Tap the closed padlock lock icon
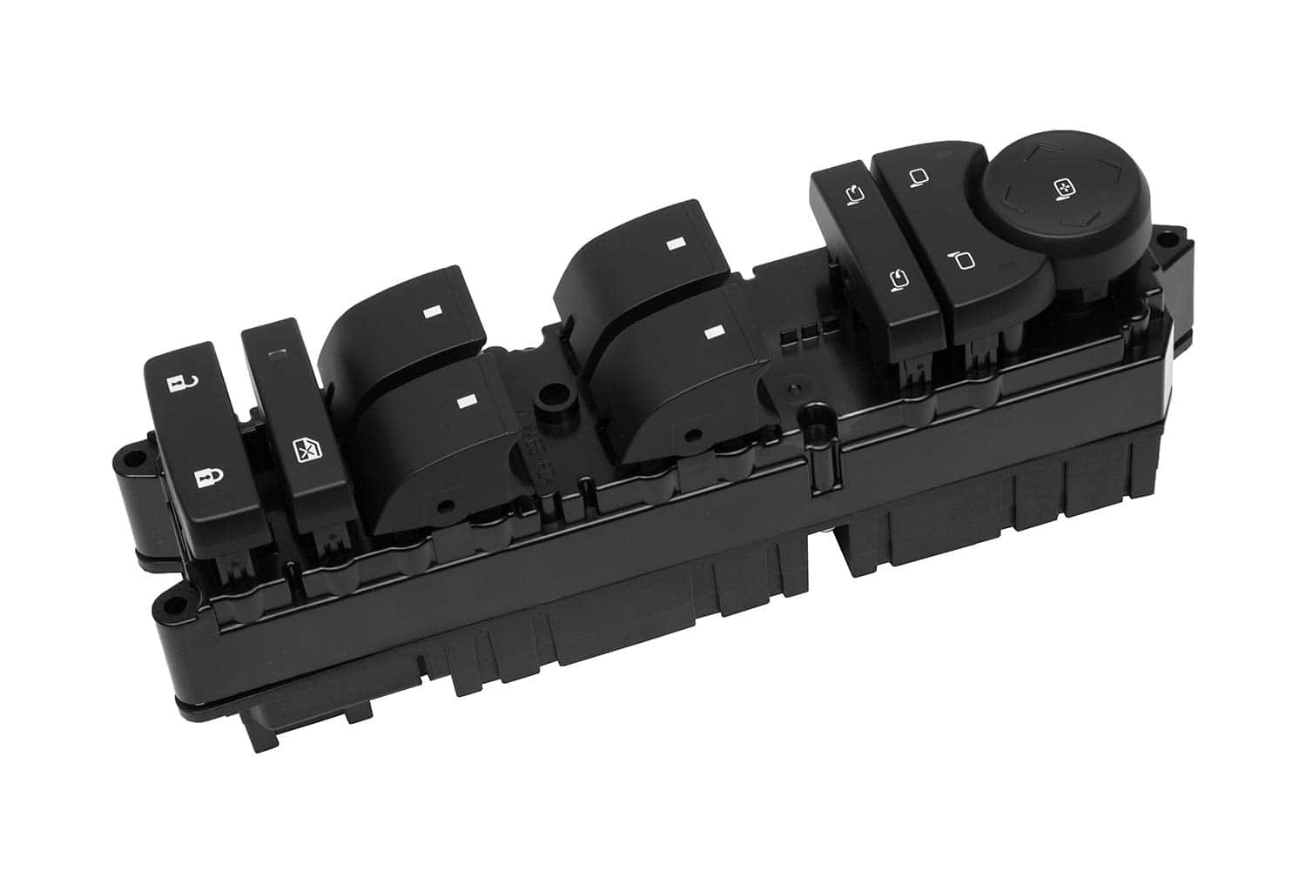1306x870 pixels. point(205,477)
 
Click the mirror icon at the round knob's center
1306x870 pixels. point(1063,185)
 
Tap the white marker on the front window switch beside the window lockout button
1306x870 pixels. point(468,402)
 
